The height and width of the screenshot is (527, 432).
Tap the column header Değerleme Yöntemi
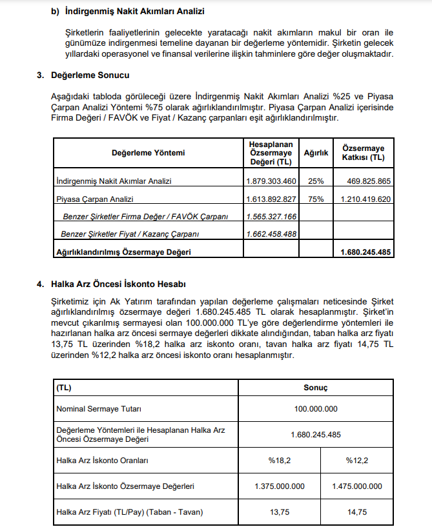[x=148, y=153]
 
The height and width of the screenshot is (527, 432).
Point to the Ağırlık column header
[x=316, y=153]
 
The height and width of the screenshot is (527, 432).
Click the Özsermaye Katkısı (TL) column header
[x=364, y=153]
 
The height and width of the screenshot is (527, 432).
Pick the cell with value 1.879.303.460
[x=271, y=181]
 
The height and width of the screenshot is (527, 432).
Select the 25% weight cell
[x=316, y=181]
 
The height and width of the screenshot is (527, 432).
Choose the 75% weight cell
[x=316, y=199]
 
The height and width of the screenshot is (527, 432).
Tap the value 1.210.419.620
[x=364, y=199]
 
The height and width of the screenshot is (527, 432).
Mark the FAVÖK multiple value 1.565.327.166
[x=271, y=217]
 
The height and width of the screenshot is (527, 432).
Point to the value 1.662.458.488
[x=271, y=234]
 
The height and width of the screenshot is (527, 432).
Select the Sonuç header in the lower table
[x=316, y=388]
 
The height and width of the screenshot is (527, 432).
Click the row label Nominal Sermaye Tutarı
[x=99, y=409]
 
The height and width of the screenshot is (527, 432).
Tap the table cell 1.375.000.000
[x=280, y=486]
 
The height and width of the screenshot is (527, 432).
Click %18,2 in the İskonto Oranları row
[x=280, y=461]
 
